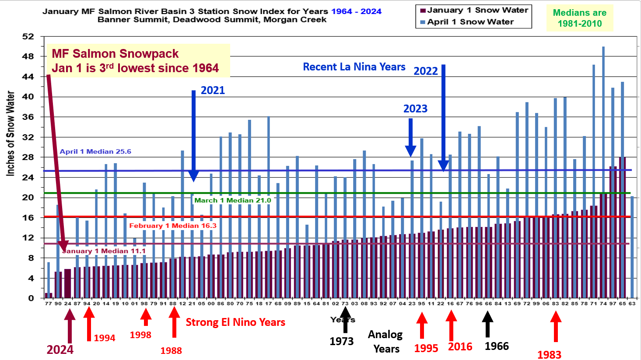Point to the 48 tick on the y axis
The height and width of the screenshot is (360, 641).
[28, 56]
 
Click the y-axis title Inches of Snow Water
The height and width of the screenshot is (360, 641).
[11, 133]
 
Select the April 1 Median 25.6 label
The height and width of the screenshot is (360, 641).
[95, 152]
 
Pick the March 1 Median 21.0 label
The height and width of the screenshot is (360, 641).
[233, 200]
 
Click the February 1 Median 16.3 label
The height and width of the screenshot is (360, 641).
[173, 226]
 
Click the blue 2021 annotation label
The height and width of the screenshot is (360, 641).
[213, 91]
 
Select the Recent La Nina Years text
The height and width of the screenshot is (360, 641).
[354, 67]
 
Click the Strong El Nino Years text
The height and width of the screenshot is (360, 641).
[235, 322]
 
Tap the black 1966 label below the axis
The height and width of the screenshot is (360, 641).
[497, 346]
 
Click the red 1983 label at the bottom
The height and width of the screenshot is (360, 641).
[549, 354]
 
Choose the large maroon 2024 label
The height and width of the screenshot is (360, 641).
[60, 350]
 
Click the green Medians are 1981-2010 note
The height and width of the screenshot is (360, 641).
[580, 18]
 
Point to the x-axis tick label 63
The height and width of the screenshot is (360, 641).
[632, 303]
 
